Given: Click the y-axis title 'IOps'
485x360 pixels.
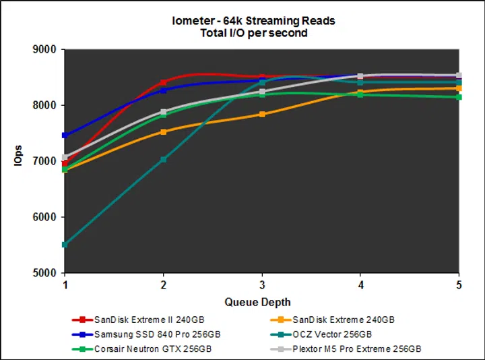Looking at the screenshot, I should coord(20,162).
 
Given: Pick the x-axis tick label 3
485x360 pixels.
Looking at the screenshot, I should coord(262,284).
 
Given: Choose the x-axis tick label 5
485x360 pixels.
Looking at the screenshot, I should coord(459,284).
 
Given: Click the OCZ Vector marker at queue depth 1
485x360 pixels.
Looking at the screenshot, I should coord(65,245).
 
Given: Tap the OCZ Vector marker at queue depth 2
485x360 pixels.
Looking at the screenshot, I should coord(164,160).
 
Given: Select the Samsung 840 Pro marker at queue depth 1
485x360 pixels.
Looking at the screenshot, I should coord(65,136).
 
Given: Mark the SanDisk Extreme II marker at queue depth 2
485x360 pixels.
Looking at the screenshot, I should coord(164,83).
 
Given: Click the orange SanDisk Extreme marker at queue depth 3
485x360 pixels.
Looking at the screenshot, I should coord(262,115).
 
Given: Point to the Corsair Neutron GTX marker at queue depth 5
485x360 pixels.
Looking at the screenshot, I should coord(459,97).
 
